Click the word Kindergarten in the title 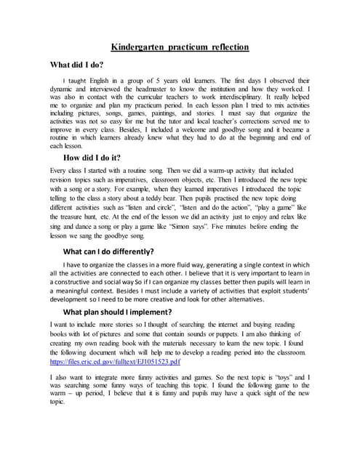pos(139,47)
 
